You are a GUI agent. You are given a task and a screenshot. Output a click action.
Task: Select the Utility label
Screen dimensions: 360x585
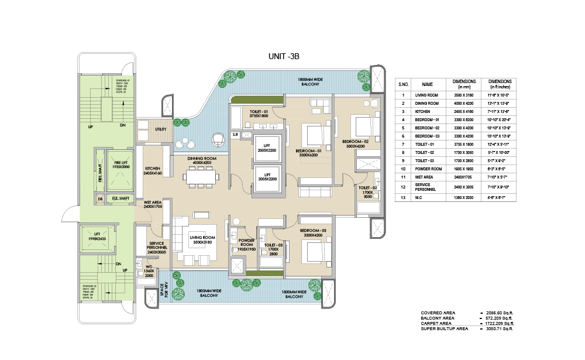point(161,129)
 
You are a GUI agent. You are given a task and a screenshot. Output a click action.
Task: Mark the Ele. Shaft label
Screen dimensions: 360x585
point(120,199)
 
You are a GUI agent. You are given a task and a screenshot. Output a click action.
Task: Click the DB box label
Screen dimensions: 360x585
point(101,199)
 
